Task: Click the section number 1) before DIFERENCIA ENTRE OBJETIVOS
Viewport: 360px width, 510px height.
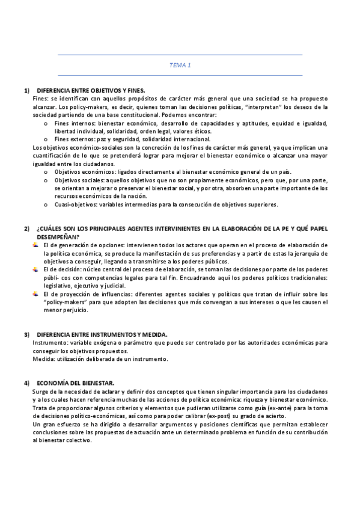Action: pyautogui.click(x=27, y=90)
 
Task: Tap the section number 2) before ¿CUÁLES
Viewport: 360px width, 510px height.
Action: pyautogui.click(x=27, y=229)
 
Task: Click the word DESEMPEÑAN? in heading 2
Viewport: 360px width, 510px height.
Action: pyautogui.click(x=57, y=237)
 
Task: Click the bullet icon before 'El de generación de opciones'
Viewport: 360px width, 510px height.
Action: pyautogui.click(x=35, y=245)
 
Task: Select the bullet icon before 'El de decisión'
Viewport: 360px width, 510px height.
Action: pyautogui.click(x=35, y=270)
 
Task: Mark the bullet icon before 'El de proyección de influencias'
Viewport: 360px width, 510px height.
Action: pyautogui.click(x=35, y=294)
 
